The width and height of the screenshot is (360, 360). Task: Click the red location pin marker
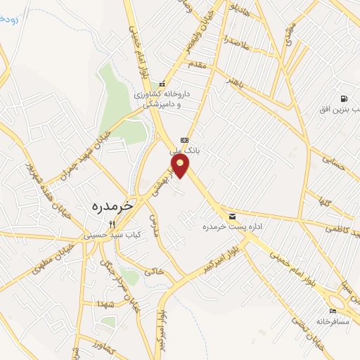pyautogui.click(x=180, y=165)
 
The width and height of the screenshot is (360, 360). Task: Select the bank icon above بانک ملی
pyautogui.click(x=184, y=139)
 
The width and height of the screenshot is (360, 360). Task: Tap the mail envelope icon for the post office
pyautogui.click(x=232, y=216)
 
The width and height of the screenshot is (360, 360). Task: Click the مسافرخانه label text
pyautogui.click(x=332, y=321)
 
